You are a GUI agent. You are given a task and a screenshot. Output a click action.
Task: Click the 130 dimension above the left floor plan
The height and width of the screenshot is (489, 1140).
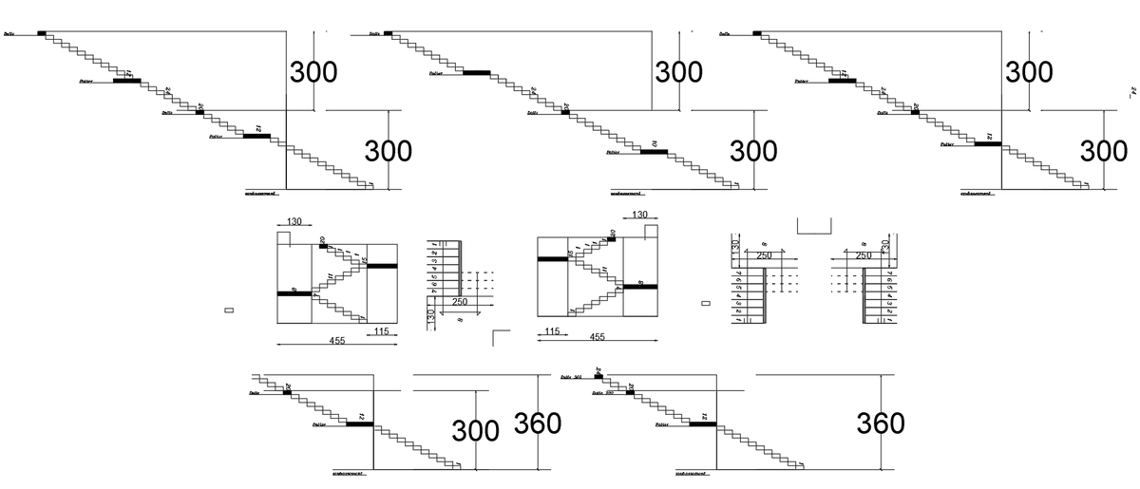tap(294, 222)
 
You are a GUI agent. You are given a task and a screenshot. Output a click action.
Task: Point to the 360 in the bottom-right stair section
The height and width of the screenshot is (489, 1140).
tap(880, 423)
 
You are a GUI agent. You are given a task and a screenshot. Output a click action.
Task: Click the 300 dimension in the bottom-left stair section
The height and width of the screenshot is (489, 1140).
tap(475, 430)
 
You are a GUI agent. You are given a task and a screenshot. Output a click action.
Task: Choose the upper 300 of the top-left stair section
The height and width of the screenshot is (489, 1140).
tap(313, 72)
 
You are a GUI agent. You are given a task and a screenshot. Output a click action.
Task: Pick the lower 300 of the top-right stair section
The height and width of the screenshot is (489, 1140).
tap(1104, 151)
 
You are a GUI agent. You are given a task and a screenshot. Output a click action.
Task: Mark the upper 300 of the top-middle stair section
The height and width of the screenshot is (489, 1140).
tap(678, 72)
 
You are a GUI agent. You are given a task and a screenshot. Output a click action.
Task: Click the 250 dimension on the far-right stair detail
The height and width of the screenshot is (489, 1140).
tap(863, 255)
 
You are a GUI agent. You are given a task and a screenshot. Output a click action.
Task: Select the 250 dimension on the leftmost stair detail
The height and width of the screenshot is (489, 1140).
tap(460, 302)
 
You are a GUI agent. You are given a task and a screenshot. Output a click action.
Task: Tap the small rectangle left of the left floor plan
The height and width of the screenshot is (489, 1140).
tap(228, 310)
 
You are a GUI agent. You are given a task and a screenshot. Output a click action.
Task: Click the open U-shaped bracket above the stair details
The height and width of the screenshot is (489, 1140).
tap(813, 226)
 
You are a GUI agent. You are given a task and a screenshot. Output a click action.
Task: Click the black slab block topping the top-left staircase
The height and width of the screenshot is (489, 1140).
tap(42, 33)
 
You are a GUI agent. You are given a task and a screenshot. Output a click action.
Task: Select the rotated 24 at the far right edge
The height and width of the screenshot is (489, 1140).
tap(1131, 93)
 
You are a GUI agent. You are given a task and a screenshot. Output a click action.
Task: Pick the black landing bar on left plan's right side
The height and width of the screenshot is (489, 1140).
tap(382, 266)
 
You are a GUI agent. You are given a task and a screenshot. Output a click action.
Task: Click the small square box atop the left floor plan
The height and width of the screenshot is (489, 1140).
tap(282, 237)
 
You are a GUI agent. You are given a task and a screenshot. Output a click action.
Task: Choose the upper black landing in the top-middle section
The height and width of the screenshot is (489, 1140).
tap(476, 72)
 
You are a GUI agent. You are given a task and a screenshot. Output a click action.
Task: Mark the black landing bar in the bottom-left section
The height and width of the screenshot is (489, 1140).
tap(359, 424)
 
